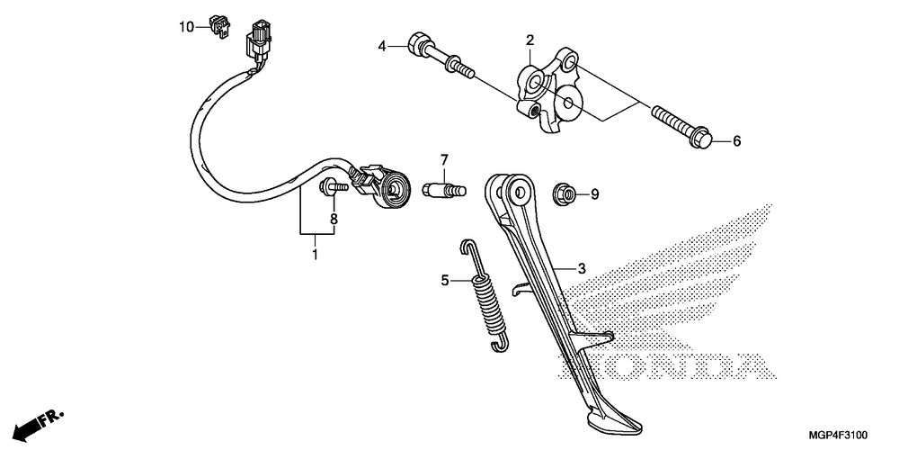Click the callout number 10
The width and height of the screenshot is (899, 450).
click(x=185, y=27)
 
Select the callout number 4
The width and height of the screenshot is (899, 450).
click(x=381, y=45)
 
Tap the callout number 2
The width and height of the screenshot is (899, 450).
click(x=530, y=40)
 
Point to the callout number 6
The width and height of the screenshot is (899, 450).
click(x=736, y=141)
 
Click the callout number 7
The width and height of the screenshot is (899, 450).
click(x=443, y=161)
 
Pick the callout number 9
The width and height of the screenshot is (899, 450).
click(x=593, y=193)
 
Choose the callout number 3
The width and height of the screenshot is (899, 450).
click(x=582, y=268)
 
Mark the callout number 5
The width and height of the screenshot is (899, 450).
click(x=444, y=282)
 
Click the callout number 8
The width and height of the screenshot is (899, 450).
click(x=333, y=219)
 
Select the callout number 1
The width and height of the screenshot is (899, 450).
click(x=315, y=256)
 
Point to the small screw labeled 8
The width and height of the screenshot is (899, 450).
click(x=334, y=187)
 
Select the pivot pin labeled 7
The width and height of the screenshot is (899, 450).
click(x=444, y=191)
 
